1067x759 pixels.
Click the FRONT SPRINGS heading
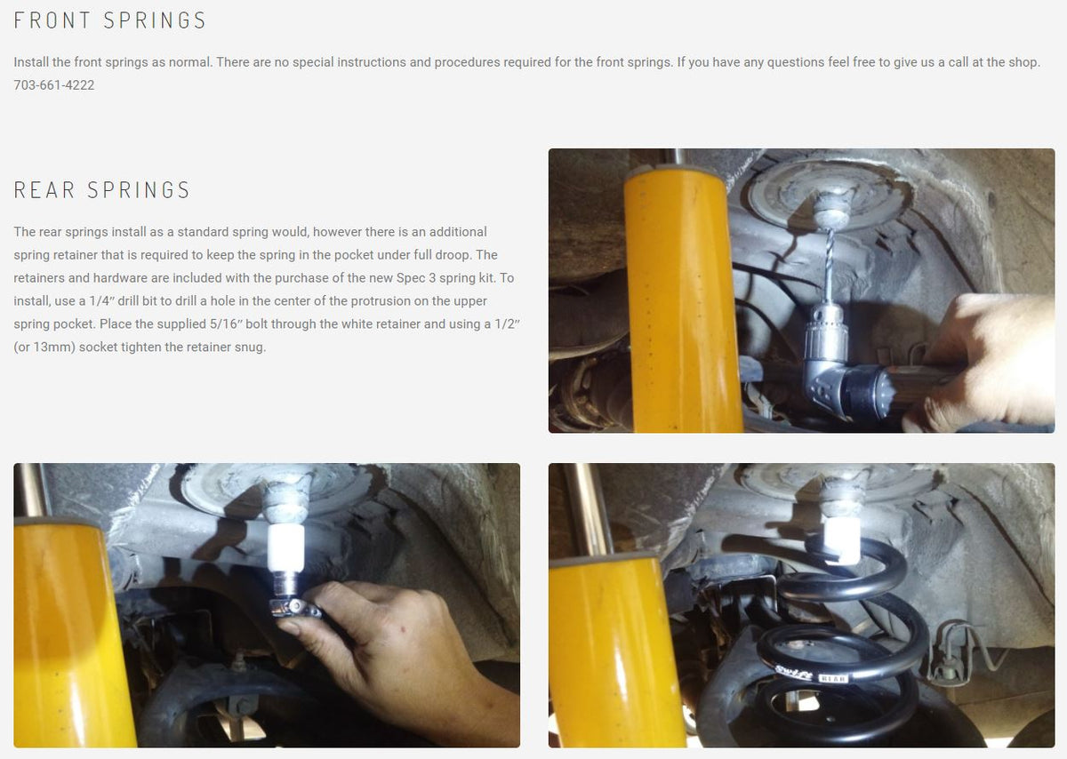[x=110, y=20]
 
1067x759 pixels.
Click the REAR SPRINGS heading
[x=102, y=190]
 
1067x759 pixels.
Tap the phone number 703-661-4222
[x=54, y=85]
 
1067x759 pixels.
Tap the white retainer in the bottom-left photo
[x=285, y=547]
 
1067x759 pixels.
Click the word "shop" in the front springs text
[x=1020, y=62]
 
